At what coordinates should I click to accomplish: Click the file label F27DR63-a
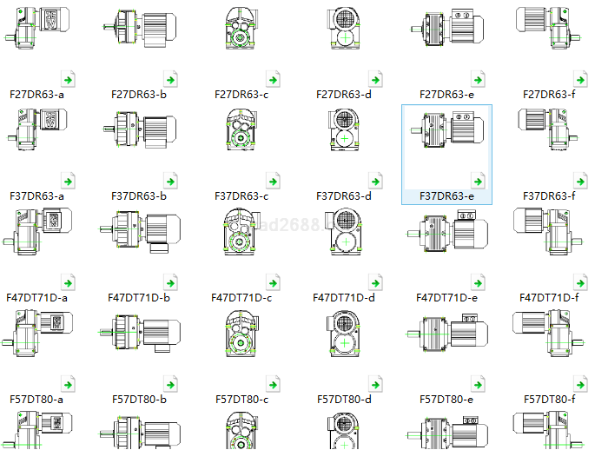pyautogui.click(x=36, y=94)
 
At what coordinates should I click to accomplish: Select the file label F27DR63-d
pyautogui.click(x=343, y=94)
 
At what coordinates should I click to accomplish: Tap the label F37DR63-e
pyautogui.click(x=446, y=196)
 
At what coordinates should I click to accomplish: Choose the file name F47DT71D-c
pyautogui.click(x=241, y=298)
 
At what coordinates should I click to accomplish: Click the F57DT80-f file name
pyautogui.click(x=549, y=400)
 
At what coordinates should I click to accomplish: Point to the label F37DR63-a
pyautogui.click(x=36, y=196)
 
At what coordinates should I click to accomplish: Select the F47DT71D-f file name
pyautogui.click(x=549, y=298)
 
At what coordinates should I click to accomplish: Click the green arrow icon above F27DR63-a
pyautogui.click(x=69, y=80)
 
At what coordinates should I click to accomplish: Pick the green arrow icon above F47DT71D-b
pyautogui.click(x=172, y=283)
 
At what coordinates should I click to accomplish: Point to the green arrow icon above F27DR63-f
pyautogui.click(x=580, y=80)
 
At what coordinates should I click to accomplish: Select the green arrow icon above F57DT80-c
pyautogui.click(x=274, y=385)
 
